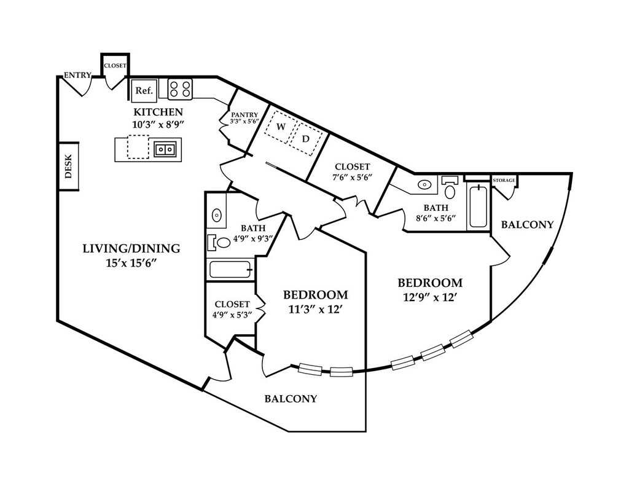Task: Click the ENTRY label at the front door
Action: click(77, 76)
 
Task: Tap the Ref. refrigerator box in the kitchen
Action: click(144, 90)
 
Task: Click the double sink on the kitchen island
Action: click(165, 149)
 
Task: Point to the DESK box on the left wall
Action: click(68, 166)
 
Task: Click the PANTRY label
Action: click(244, 115)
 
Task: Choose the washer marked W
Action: click(281, 127)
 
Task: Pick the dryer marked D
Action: click(305, 139)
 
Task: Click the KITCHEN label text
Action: click(158, 112)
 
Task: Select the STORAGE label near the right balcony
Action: click(504, 180)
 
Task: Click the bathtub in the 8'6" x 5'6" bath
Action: click(478, 206)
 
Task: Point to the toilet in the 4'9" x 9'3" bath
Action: click(221, 243)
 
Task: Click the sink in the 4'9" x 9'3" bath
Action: click(217, 215)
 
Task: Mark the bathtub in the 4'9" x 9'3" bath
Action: click(230, 270)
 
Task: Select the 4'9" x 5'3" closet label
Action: click(232, 304)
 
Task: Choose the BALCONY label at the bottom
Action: click(291, 399)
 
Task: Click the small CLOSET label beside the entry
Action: click(115, 65)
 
